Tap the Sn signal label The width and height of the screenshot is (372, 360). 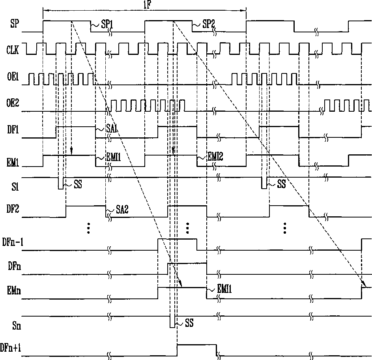point(13,326)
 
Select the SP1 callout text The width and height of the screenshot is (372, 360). point(107,25)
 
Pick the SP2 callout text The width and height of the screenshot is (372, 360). point(208,25)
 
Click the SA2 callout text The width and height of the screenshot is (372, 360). point(123,210)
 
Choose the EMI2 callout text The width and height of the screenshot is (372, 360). point(215,157)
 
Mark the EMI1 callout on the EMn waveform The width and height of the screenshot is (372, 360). point(224,290)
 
